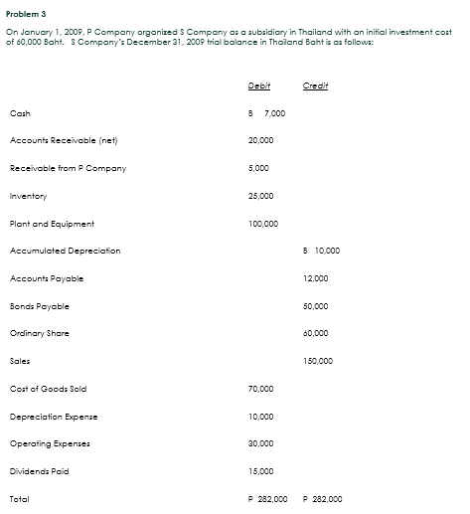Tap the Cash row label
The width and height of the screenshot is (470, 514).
click(19, 113)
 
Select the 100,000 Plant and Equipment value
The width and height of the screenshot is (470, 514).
click(263, 224)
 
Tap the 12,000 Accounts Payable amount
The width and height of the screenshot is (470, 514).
click(319, 278)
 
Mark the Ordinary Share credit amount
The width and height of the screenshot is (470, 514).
click(319, 333)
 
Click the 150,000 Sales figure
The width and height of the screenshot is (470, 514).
click(320, 361)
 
